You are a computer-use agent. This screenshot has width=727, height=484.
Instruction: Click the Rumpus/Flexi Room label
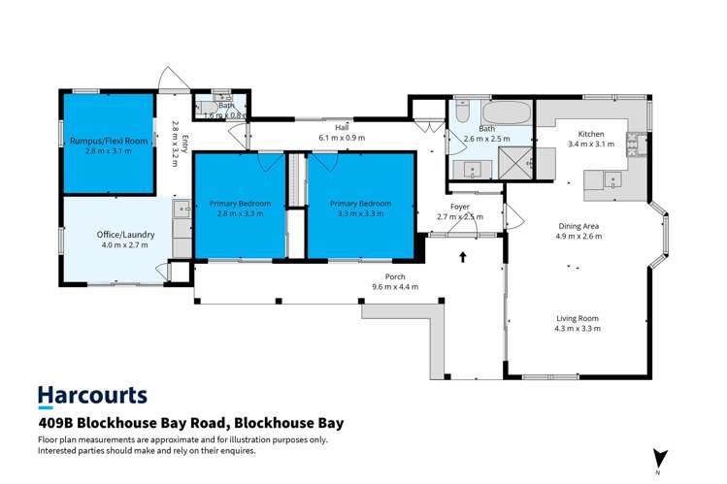click(x=108, y=141)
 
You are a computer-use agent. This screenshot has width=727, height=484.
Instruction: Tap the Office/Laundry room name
click(x=120, y=234)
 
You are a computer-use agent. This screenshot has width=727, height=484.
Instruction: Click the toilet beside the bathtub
click(x=461, y=113)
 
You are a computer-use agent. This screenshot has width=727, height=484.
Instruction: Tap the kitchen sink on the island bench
click(x=613, y=178)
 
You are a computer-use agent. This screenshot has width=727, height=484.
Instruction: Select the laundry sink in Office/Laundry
click(x=182, y=209)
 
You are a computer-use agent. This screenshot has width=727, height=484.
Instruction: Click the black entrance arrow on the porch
click(x=462, y=258)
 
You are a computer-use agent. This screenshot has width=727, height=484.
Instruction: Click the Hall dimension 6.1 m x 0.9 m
click(x=342, y=138)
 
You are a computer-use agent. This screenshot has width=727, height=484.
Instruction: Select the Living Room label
click(x=578, y=318)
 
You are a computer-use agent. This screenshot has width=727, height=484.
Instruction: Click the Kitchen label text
click(x=591, y=134)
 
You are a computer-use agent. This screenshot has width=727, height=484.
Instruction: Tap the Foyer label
click(x=459, y=206)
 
